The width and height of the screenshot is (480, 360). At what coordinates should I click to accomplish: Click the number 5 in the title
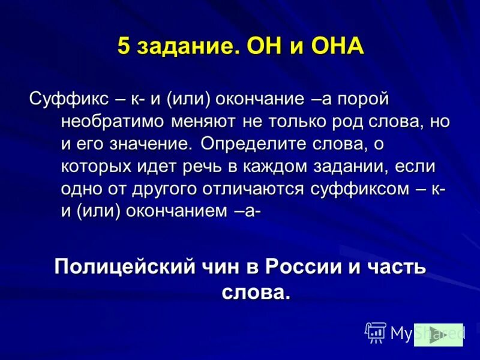click(124, 46)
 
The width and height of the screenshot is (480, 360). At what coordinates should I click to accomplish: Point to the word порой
click(365, 98)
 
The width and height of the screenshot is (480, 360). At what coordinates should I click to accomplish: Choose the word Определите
click(253, 144)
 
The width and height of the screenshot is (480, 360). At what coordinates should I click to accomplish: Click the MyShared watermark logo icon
click(376, 332)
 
